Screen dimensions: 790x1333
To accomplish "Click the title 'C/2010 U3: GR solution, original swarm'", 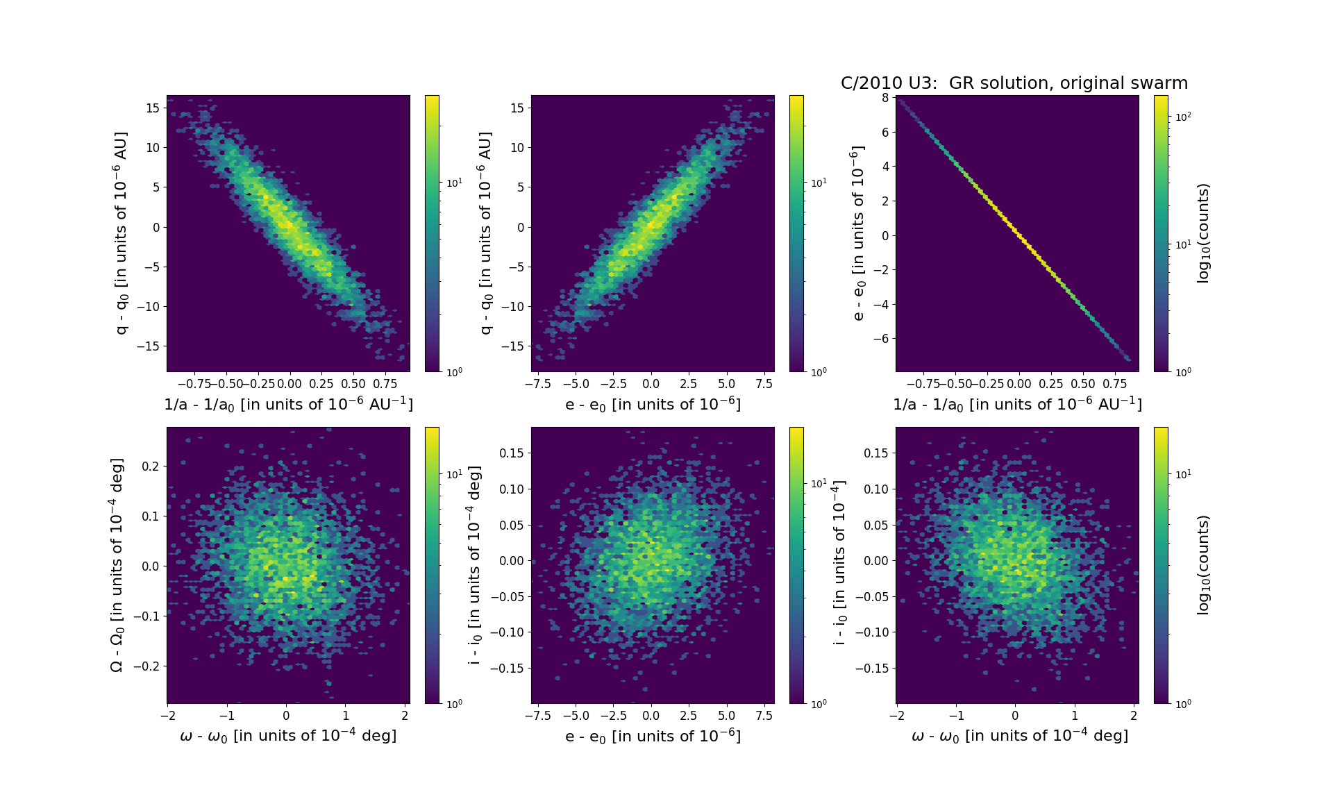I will pos(1014,83).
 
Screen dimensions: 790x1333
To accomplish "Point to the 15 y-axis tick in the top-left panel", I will pos(153,108).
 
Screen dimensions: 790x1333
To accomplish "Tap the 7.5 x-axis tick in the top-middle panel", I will pos(764,384).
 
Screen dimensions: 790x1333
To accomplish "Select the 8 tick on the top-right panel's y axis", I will pos(885,98).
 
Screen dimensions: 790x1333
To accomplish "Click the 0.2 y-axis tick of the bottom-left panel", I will pos(151,466).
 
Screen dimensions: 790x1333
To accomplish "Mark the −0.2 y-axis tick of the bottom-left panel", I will pos(147,666).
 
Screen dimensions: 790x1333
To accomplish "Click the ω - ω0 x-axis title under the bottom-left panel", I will pos(288,736).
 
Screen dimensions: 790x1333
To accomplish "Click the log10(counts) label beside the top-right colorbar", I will pos(1204,233).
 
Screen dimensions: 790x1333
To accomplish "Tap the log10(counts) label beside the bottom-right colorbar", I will pos(1204,565).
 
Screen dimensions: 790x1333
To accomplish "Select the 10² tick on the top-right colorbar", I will pos(1183,117).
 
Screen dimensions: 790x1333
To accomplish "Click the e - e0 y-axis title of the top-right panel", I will pos(859,233).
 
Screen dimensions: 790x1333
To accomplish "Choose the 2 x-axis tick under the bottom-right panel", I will pos(1134,716).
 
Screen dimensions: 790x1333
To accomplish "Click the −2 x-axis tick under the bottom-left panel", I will pos(167,716).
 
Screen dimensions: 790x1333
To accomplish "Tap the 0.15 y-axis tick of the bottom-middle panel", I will pos(512,453).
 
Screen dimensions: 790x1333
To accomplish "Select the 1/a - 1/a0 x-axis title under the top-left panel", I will pos(288,404).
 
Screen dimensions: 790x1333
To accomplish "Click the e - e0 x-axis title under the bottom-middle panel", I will pos(653,736).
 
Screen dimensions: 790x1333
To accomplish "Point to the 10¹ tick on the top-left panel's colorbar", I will pos(454,183).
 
